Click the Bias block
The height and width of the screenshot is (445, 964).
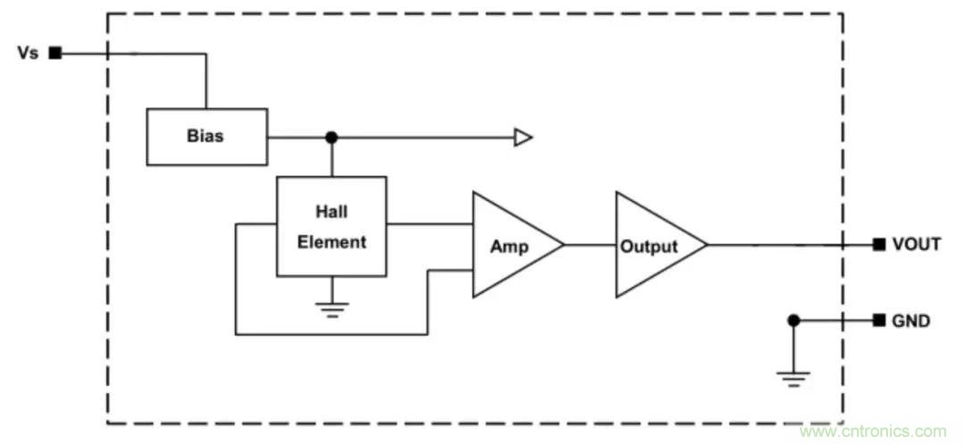[206, 137]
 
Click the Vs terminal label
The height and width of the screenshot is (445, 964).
[28, 53]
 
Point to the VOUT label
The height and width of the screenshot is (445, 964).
[916, 245]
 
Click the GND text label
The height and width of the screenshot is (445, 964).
[910, 320]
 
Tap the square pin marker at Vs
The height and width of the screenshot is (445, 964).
[55, 53]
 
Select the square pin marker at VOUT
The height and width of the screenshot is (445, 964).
[879, 245]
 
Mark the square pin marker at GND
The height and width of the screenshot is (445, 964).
[879, 320]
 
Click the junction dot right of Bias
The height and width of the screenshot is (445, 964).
[331, 137]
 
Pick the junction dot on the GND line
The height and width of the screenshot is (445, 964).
[794, 320]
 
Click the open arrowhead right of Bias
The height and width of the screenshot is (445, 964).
[523, 137]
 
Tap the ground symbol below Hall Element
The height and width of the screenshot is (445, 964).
[331, 307]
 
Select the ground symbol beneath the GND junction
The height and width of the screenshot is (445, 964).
[794, 377]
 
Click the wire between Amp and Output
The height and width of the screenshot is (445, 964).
[589, 245]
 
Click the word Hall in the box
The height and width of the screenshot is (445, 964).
[331, 212]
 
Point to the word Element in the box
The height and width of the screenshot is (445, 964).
[331, 242]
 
